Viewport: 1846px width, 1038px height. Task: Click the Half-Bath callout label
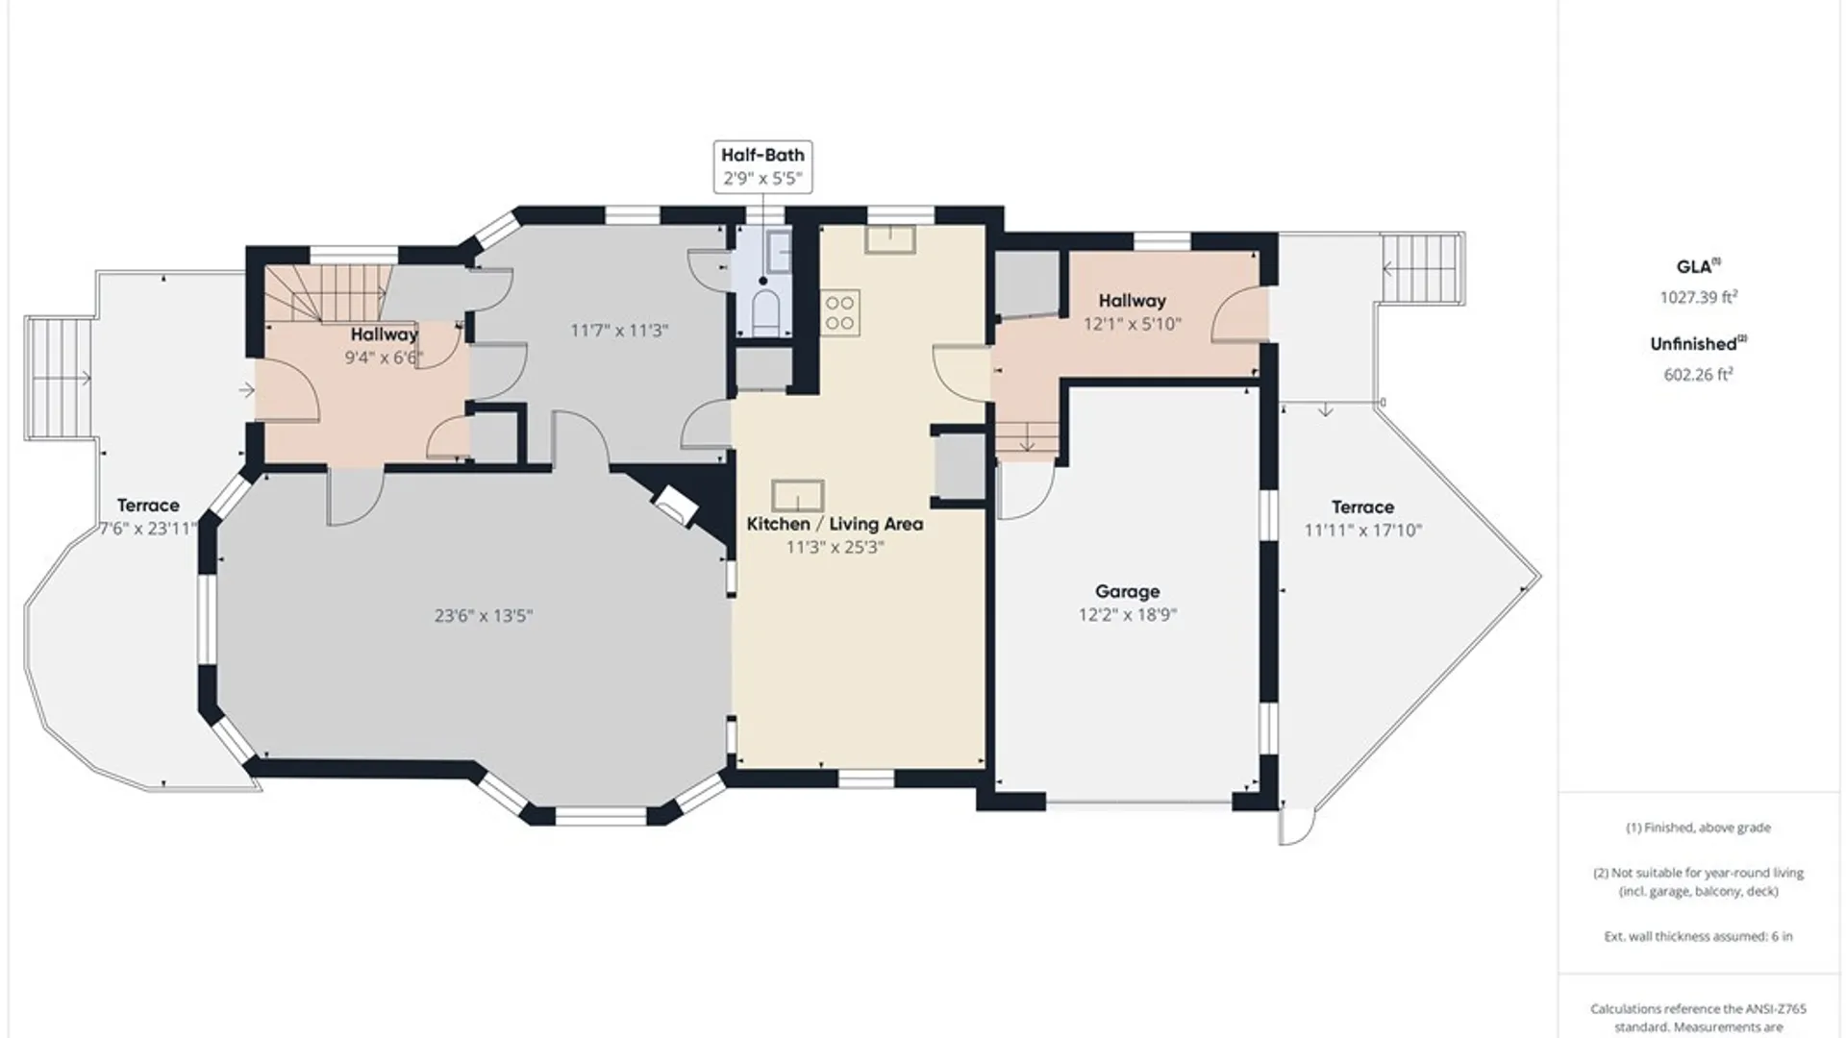coord(762,155)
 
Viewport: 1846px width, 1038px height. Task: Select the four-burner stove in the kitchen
coord(839,313)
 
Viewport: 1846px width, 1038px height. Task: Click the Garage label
coord(1128,592)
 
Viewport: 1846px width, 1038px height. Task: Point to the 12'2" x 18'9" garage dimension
coord(1128,615)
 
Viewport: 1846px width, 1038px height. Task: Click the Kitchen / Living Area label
coord(835,524)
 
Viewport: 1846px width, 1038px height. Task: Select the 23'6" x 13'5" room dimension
coord(484,616)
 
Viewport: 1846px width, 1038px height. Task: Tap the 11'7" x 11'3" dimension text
coord(619,331)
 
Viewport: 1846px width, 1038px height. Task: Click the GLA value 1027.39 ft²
coord(1698,297)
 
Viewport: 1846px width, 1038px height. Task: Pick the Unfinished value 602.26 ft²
coord(1698,375)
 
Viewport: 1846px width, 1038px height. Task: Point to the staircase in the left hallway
coord(327,292)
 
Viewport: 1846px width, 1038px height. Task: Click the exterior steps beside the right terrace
coord(1423,269)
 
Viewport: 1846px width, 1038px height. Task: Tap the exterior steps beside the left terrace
coord(58,379)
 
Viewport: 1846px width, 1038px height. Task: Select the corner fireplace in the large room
coord(675,505)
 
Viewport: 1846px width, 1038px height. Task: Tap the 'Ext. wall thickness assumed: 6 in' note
coord(1698,936)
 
